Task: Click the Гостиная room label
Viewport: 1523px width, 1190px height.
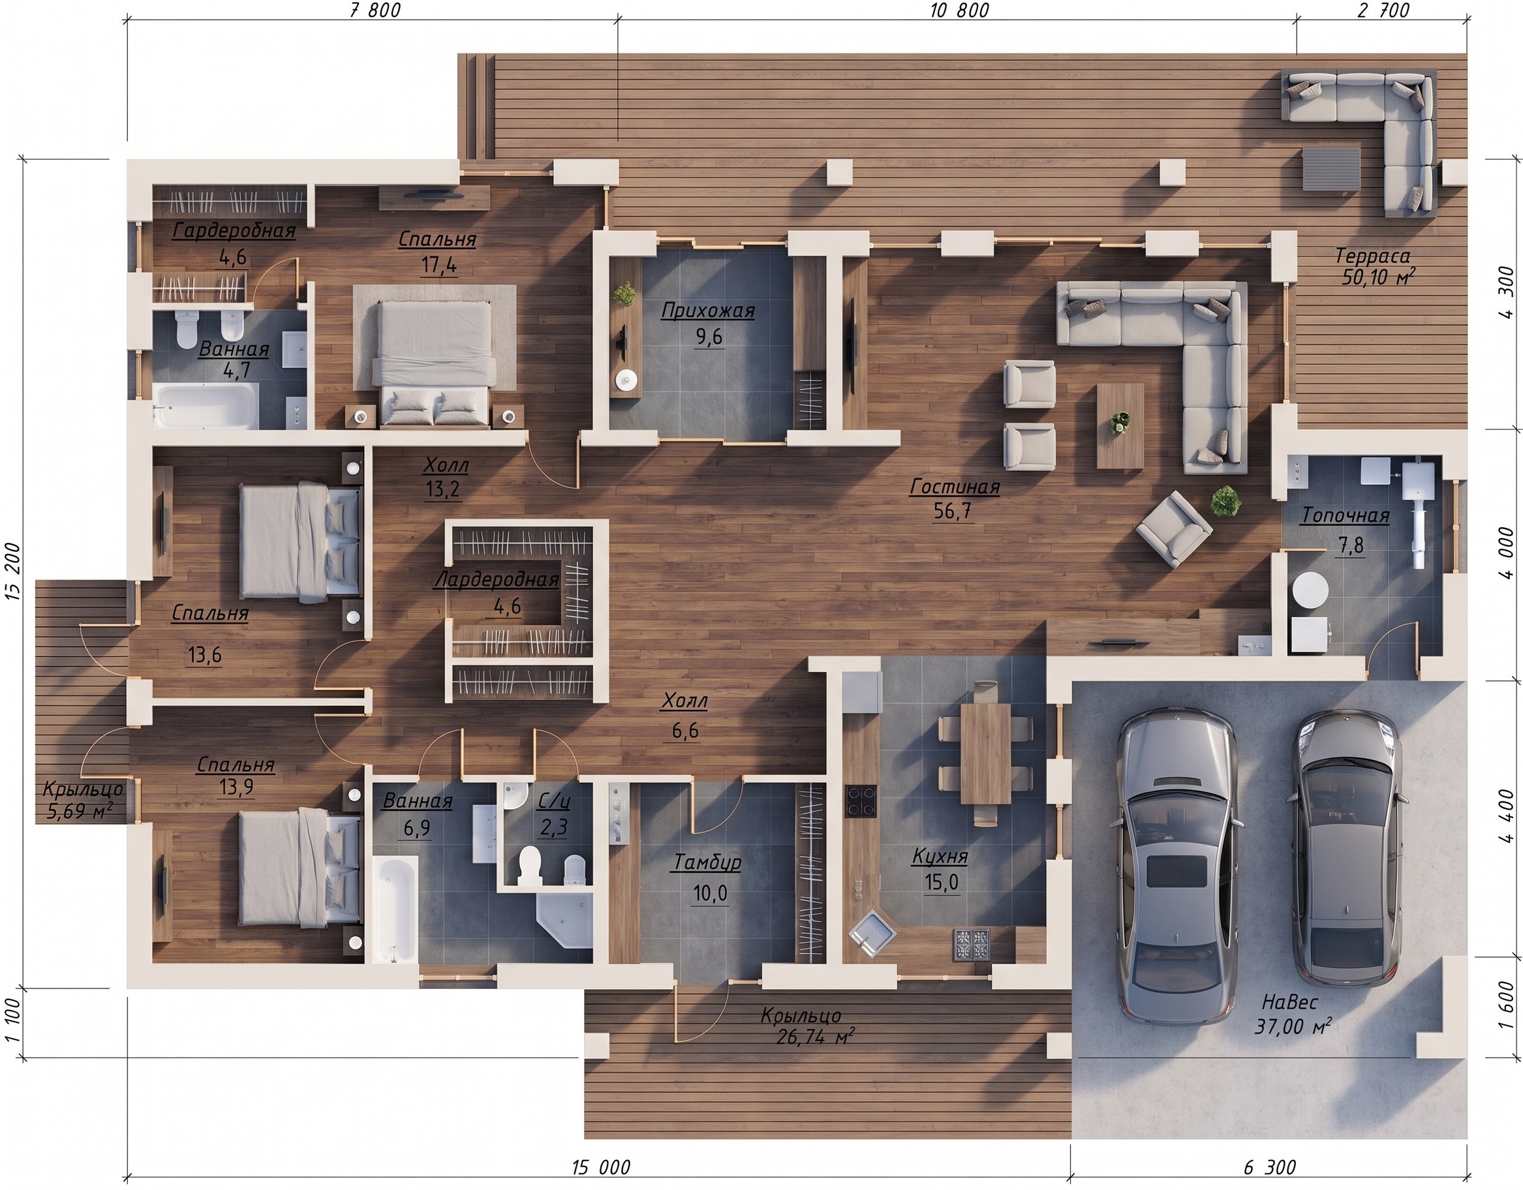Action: pos(954,487)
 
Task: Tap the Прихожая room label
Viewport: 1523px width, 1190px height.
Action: pos(708,311)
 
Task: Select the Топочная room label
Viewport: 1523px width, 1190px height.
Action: pos(1345,516)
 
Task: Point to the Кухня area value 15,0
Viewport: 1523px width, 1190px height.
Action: pos(942,883)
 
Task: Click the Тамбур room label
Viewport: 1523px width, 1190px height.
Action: pos(707,862)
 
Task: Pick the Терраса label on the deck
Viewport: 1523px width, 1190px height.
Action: pos(1372,256)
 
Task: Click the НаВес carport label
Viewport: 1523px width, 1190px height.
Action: pos(1289,1001)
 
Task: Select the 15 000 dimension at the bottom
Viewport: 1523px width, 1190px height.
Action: pos(600,1167)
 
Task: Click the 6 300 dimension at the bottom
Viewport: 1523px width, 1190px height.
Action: pos(1269,1167)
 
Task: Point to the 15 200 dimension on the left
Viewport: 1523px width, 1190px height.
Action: pos(13,570)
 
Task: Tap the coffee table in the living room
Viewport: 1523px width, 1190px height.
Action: pos(1120,425)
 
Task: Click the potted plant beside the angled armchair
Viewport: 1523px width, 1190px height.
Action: pos(1225,501)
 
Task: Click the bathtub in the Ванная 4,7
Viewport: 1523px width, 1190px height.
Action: pos(206,405)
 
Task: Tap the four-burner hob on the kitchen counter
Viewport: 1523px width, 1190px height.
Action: pos(862,801)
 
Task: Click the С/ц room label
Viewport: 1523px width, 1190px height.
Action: pos(554,801)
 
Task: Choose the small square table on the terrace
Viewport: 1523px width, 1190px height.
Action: pos(1331,168)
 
